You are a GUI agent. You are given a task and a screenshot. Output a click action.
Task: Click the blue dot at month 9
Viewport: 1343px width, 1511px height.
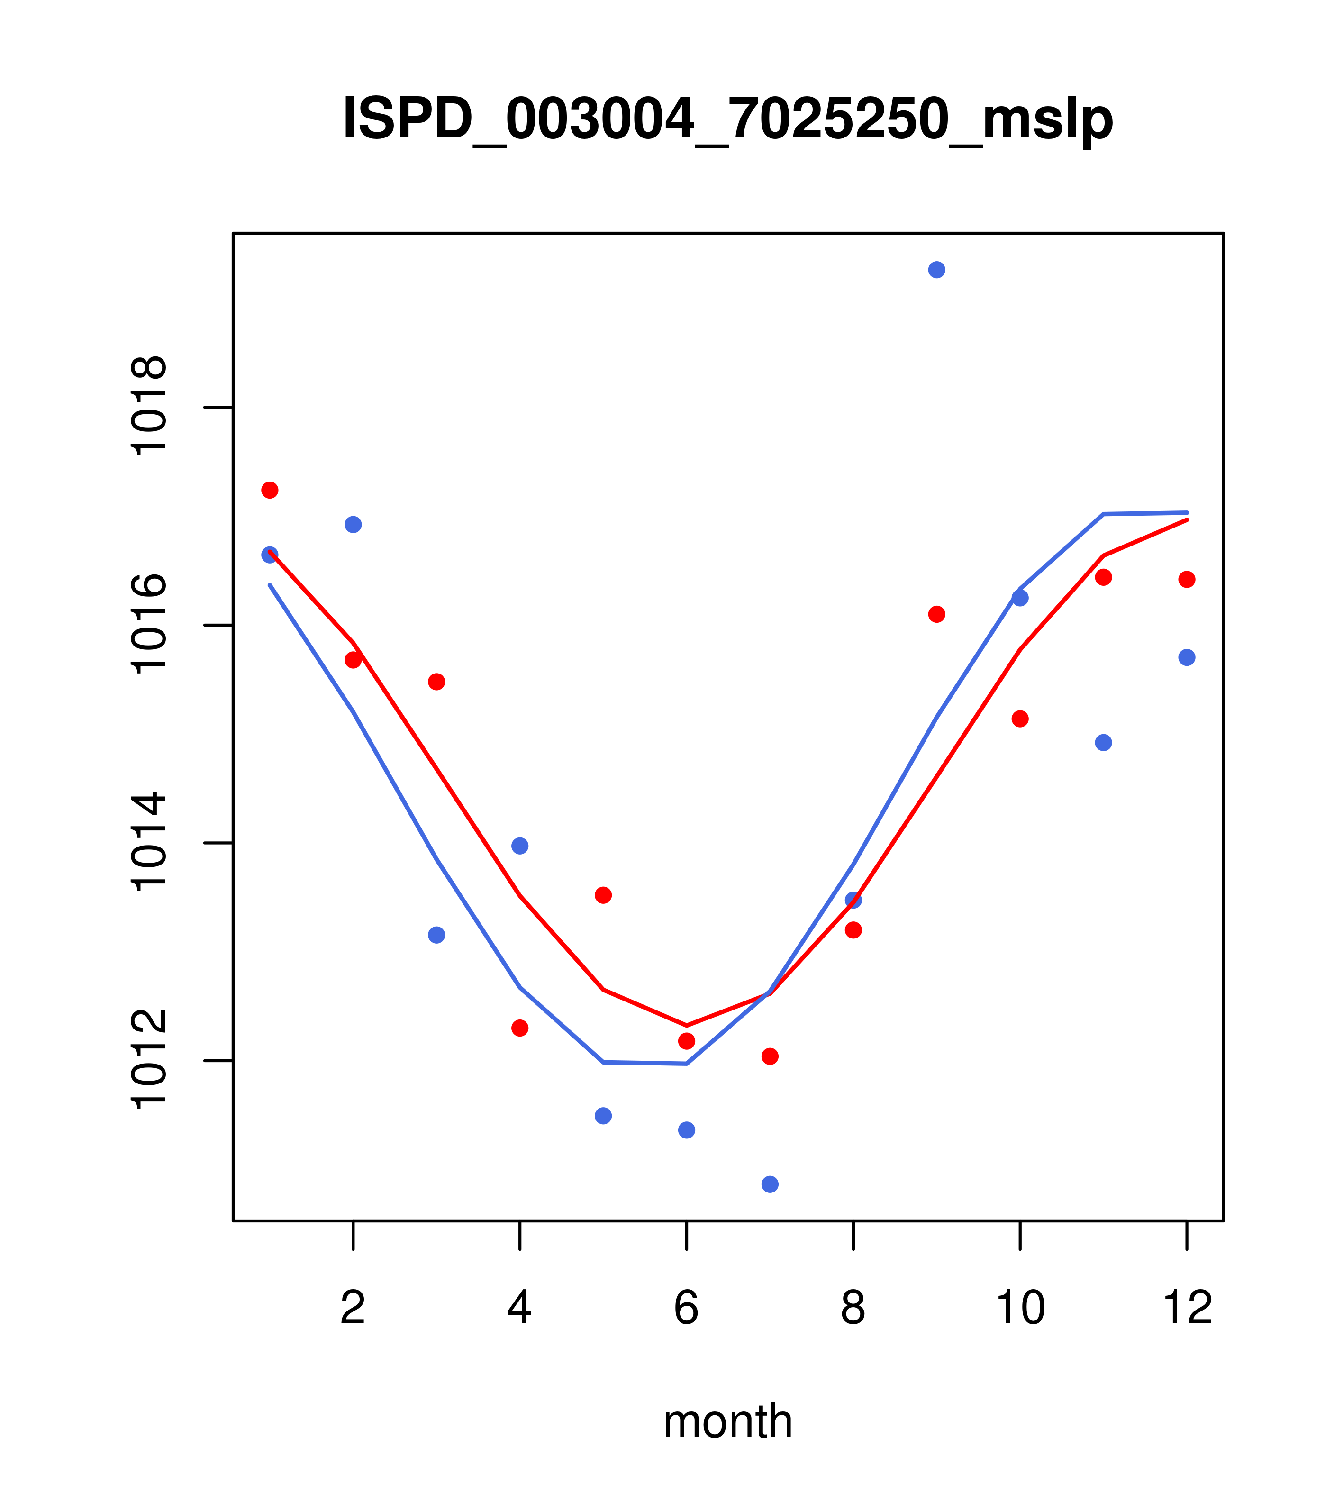[x=936, y=270]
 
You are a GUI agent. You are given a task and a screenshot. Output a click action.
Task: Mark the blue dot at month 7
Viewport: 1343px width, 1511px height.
[x=770, y=1184]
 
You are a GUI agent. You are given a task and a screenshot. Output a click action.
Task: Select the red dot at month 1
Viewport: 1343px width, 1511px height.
[x=270, y=490]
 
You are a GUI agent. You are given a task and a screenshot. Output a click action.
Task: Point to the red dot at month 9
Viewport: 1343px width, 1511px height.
[x=936, y=614]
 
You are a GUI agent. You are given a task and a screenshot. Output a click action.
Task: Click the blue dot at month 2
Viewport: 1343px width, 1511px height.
[x=354, y=525]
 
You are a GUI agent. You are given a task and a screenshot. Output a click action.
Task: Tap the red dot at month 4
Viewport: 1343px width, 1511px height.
[x=519, y=1028]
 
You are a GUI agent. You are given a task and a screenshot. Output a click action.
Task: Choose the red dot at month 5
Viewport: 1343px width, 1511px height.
[x=603, y=895]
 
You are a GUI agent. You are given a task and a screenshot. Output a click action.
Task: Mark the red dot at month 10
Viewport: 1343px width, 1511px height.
[x=1020, y=719]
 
